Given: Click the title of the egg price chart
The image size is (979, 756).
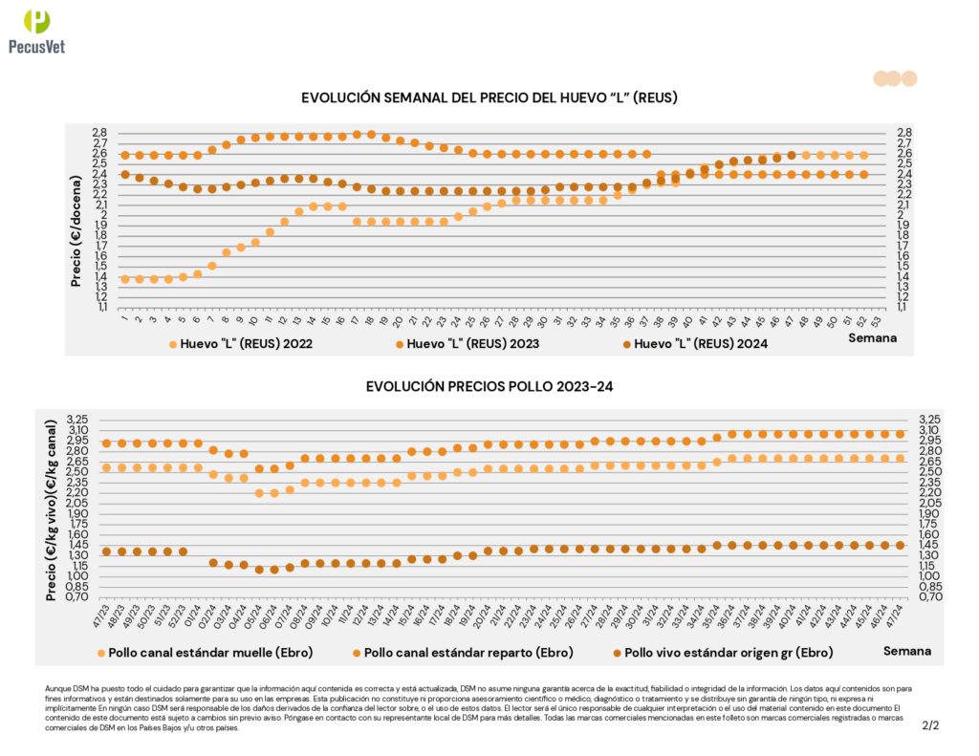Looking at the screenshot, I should [489, 97].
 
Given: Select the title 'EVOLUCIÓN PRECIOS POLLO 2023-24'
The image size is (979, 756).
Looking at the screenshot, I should [489, 387].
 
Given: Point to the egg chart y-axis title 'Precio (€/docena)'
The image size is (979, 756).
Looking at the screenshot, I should [76, 222].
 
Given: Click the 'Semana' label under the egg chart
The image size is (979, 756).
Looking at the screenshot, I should [876, 337].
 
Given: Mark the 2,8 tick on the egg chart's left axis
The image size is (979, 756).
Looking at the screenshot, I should [99, 132].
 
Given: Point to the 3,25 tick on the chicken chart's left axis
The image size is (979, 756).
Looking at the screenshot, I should [75, 420].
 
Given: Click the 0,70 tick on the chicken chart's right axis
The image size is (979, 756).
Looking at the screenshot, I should [930, 596].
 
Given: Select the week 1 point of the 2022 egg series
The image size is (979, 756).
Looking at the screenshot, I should [125, 279].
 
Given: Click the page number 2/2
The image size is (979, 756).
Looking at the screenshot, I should [931, 725].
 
